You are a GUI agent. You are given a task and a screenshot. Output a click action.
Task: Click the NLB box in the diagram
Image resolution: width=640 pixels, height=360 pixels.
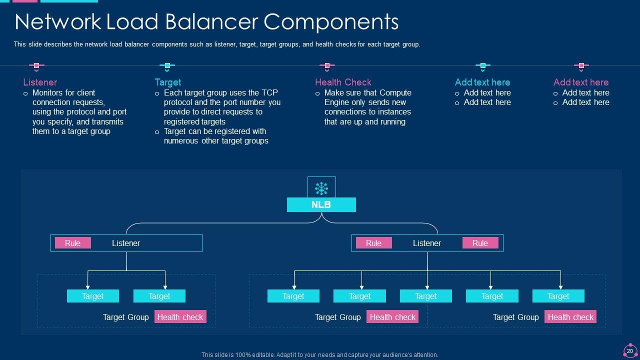coord(321,205)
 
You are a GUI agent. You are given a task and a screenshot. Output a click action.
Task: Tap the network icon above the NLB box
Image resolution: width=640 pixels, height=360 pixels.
coord(321,188)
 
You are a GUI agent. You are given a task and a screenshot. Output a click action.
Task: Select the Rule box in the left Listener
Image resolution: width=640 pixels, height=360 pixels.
coord(72,243)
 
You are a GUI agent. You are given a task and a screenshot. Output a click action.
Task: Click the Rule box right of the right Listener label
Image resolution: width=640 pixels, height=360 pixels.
coord(480,243)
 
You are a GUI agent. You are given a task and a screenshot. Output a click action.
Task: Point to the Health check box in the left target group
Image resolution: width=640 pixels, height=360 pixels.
coord(180,317)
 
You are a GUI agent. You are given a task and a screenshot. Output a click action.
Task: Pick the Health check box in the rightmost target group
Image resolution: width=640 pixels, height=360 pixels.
coord(570,317)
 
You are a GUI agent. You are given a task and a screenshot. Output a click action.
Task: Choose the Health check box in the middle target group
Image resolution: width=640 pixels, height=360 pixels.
coord(392,317)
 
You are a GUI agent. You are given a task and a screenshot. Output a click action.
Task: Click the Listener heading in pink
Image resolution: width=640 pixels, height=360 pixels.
coord(40,82)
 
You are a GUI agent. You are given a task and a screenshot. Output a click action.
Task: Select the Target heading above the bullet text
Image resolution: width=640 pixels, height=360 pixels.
coord(167,82)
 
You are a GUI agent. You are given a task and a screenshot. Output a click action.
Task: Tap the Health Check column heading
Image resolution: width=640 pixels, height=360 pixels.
coord(343,82)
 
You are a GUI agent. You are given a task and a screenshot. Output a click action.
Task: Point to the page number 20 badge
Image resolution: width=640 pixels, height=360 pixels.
coord(630,351)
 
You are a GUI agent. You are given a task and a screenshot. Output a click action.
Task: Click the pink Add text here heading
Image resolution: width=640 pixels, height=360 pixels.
coord(581,82)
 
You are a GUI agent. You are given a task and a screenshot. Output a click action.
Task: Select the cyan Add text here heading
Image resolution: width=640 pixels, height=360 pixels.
coord(482,82)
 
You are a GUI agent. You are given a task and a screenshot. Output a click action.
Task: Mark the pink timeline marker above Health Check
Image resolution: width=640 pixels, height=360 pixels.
coord(327,66)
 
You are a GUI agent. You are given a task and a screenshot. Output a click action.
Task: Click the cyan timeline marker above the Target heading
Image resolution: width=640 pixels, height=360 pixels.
coord(167,66)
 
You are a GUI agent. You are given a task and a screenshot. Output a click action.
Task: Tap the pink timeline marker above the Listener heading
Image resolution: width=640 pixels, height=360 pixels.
coord(36,66)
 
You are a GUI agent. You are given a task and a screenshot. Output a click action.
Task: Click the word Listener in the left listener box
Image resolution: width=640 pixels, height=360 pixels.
coord(126,243)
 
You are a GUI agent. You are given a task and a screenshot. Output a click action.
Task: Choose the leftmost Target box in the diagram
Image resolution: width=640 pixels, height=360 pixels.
coord(93,296)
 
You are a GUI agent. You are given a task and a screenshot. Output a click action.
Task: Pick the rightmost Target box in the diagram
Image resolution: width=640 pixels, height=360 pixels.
coord(558,296)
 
